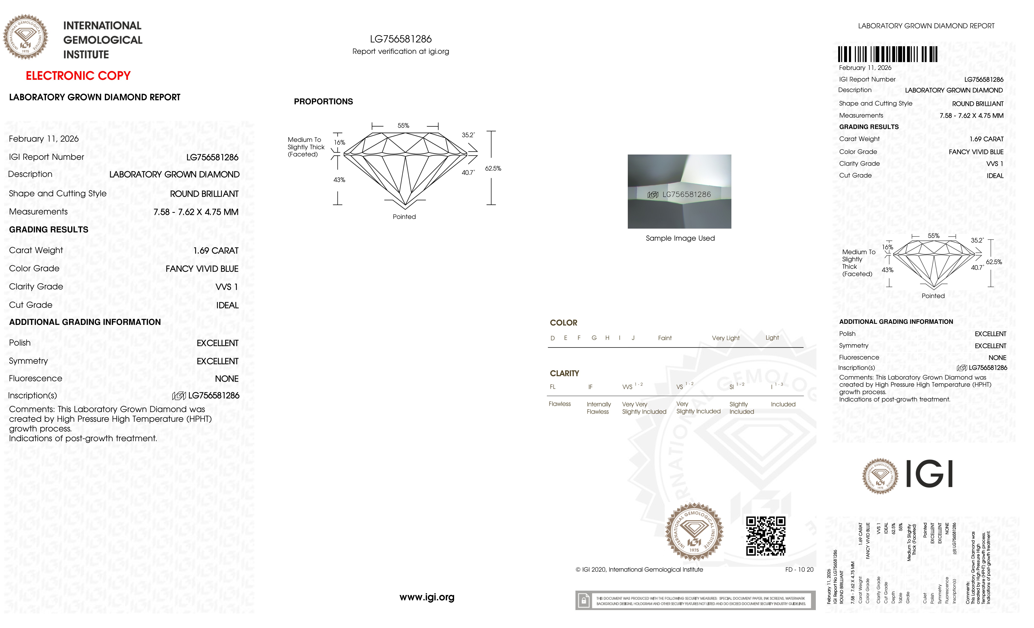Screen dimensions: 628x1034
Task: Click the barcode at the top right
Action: point(888,54)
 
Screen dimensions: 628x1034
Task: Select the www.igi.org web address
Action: point(427,597)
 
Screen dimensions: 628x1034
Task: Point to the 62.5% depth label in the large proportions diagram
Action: point(493,168)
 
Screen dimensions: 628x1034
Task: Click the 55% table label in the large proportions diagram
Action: point(403,126)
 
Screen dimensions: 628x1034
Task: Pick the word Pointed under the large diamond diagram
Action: point(404,217)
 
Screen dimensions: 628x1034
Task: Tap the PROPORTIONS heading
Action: point(323,102)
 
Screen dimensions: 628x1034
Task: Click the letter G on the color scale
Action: point(594,338)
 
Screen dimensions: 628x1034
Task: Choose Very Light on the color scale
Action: point(725,338)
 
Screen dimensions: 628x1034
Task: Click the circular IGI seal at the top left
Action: point(26,37)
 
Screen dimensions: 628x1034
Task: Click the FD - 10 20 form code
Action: point(799,570)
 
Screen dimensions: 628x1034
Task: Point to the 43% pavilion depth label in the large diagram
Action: point(339,180)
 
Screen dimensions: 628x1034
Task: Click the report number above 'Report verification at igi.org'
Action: point(401,39)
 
